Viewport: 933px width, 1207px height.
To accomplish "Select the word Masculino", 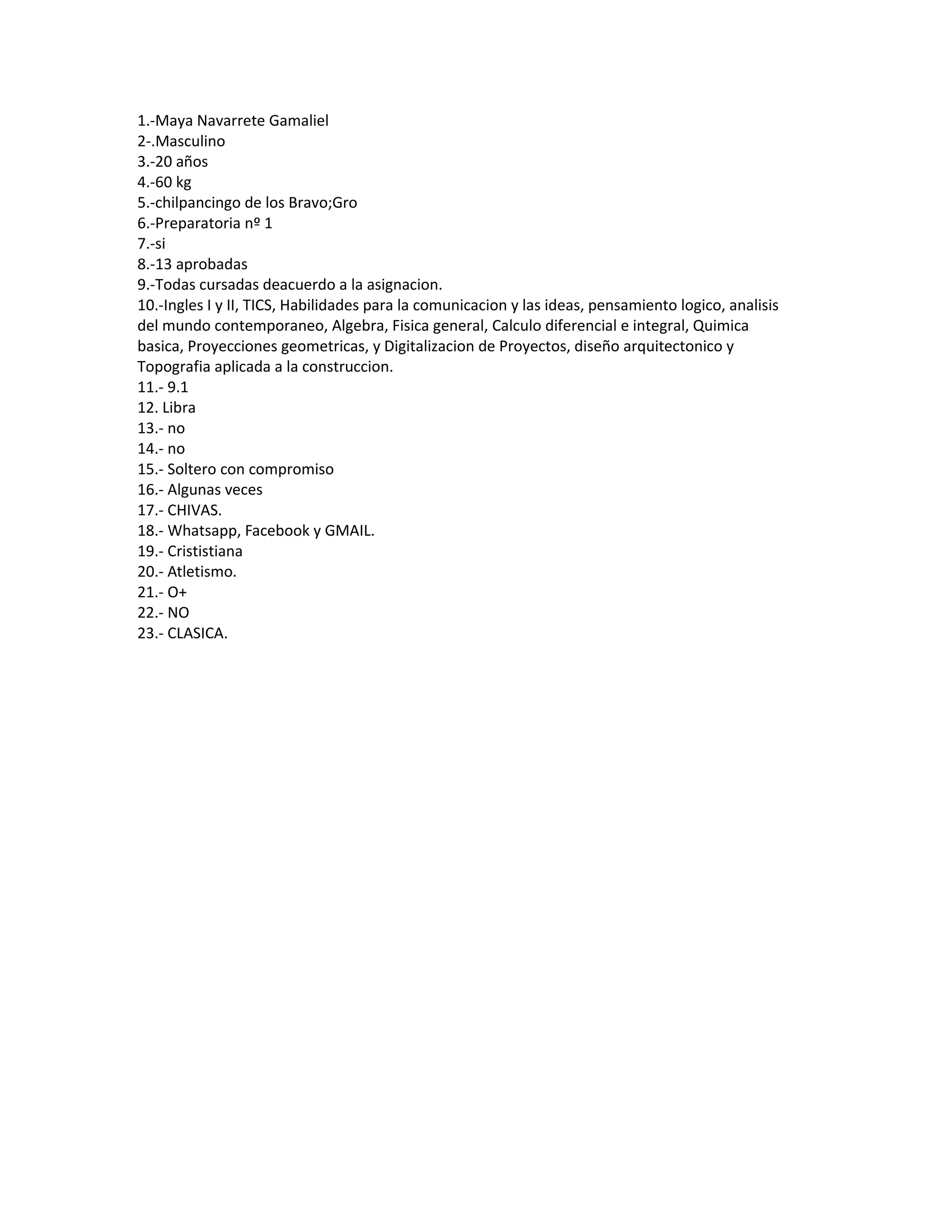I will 190,142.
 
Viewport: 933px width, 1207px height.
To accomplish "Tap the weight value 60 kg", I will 173,182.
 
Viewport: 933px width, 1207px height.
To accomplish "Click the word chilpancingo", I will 197,203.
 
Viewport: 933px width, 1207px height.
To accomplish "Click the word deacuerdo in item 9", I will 298,285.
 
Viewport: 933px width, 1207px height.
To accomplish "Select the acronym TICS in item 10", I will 257,305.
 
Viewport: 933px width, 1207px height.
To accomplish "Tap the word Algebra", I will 358,326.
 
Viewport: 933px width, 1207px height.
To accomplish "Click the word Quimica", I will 720,326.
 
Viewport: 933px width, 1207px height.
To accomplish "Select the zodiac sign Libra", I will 179,408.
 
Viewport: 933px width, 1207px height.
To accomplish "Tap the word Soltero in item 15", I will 191,469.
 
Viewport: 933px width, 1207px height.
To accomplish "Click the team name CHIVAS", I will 194,510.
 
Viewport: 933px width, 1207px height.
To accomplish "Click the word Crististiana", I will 205,551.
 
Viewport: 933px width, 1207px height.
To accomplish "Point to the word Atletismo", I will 201,572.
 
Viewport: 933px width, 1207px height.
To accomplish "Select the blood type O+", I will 177,593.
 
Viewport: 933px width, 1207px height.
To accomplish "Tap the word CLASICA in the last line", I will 197,634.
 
